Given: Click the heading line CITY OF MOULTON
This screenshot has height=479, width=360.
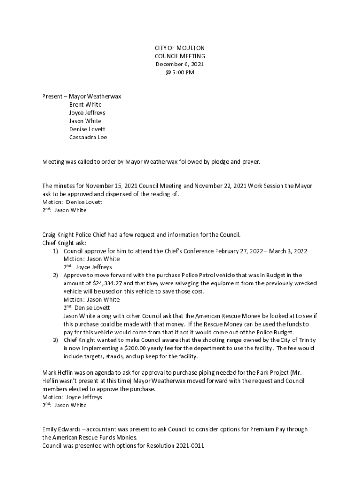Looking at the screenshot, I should click(180, 48).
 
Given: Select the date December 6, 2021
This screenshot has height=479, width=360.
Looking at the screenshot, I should click(180, 65).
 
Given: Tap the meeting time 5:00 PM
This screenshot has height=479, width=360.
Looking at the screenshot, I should click(183, 73).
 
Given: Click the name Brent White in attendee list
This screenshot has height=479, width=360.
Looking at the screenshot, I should click(85, 105).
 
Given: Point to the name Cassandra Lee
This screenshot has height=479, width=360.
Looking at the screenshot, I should click(88, 138).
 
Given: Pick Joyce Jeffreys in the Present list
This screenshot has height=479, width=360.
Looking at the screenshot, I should click(87, 113).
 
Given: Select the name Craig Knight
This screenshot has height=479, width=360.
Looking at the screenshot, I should click(58, 235).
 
